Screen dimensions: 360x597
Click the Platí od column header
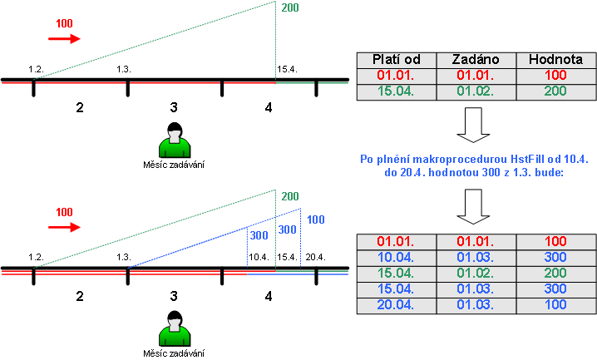(x=395, y=60)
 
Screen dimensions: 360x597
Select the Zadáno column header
(x=475, y=60)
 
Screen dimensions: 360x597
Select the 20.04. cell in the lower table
(x=395, y=305)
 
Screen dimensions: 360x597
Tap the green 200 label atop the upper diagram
(x=290, y=9)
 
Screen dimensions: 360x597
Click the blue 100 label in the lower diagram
(x=315, y=219)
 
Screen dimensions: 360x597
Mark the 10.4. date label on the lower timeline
(x=259, y=257)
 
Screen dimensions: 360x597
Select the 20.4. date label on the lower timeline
(x=314, y=257)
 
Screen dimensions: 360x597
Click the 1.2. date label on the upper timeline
(x=35, y=69)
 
